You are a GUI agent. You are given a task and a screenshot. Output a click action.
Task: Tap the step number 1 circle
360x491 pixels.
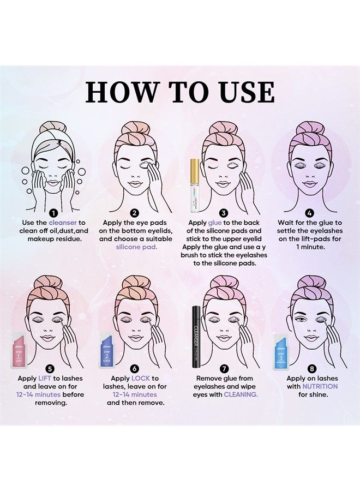pos(54,213)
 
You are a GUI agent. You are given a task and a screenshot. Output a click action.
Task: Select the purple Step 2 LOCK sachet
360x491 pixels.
pos(107,349)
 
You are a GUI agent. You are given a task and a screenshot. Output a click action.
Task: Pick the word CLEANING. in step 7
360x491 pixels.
pos(241,394)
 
